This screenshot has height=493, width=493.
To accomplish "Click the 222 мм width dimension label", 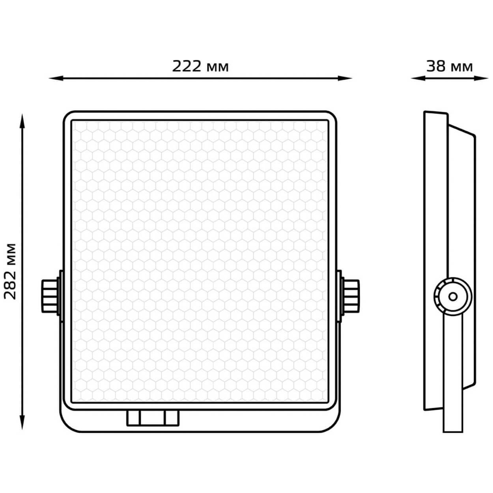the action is click(x=200, y=66).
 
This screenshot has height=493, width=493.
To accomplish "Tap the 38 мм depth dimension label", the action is click(x=450, y=66).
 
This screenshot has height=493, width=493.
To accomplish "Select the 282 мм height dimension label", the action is click(x=10, y=271).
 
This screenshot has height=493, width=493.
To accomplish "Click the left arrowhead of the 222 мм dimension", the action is click(x=56, y=78).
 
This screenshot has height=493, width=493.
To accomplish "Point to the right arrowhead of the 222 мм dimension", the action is click(x=345, y=78).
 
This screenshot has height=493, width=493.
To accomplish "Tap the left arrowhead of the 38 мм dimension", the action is click(x=418, y=78).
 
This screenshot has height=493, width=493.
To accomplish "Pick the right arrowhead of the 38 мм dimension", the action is click(x=481, y=78).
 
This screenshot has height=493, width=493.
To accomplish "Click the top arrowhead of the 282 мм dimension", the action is click(x=22, y=121).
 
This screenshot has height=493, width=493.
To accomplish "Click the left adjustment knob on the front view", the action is click(x=50, y=296).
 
